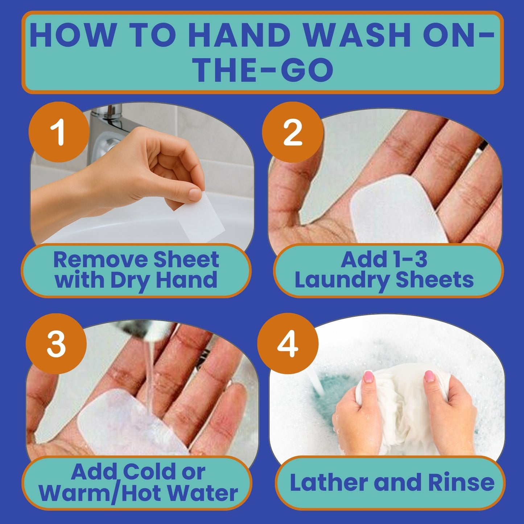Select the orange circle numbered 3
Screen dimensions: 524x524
point(56,344)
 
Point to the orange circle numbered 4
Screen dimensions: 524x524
point(288,344)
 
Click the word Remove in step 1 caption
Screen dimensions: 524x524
point(99,260)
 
